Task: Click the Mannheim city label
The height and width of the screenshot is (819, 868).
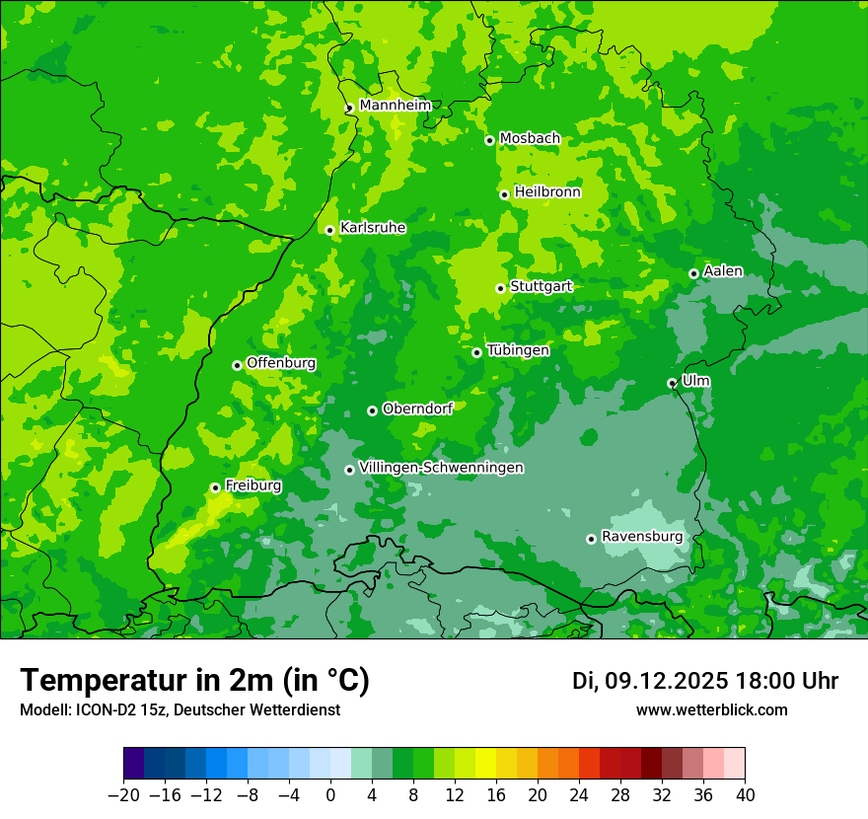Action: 395,106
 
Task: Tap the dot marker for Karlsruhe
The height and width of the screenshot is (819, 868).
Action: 329,230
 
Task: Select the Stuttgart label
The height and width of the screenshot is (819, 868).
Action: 541,286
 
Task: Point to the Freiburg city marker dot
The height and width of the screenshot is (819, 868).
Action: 215,487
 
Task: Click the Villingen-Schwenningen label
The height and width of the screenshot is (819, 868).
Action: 441,468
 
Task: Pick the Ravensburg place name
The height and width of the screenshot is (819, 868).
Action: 642,537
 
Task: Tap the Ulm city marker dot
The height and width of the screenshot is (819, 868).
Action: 672,383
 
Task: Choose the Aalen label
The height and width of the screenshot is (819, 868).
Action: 723,271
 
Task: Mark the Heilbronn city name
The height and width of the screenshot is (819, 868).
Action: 547,192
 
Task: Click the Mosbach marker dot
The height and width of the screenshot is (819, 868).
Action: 489,140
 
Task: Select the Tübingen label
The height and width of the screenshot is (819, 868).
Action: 518,350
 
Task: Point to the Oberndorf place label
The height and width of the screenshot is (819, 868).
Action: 417,409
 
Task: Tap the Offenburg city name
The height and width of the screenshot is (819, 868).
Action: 281,363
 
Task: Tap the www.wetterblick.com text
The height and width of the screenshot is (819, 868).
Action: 711,710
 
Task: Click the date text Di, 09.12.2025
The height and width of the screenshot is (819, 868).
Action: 650,681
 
